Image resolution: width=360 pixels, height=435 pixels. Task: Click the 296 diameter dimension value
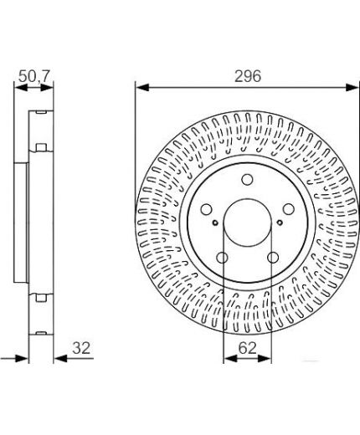point(248,76)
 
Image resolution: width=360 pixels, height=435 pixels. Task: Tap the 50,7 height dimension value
point(34,76)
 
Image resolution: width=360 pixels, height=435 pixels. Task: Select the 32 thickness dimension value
point(81,348)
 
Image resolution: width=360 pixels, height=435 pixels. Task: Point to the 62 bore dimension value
point(248,348)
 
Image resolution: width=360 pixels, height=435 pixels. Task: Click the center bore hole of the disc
point(248,223)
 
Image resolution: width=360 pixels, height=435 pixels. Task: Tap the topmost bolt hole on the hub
point(247,180)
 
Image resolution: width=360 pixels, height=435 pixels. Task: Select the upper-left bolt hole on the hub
point(207,209)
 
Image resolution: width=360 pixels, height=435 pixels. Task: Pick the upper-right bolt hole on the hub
point(289,209)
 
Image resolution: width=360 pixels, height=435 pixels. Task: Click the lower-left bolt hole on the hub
point(223,258)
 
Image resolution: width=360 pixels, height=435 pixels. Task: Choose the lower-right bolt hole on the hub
point(273,258)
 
